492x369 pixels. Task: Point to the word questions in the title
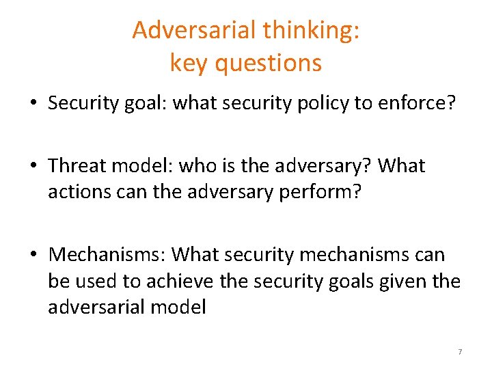268,63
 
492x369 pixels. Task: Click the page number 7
460,351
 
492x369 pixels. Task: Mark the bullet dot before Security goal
33,105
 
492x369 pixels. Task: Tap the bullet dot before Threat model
33,167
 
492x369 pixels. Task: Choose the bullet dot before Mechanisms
33,256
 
